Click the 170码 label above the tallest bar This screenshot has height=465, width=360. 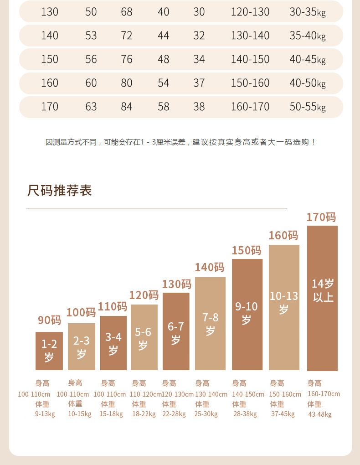[321, 217]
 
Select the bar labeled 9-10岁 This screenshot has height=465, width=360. [247, 315]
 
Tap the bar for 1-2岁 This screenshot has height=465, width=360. [49, 351]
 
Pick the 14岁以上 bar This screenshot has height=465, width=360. [322, 298]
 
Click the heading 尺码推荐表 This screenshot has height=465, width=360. [60, 191]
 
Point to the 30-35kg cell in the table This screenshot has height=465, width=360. [308, 12]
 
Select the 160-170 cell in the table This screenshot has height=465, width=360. [250, 107]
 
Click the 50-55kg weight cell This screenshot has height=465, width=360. [308, 107]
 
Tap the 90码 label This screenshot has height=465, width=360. [49, 320]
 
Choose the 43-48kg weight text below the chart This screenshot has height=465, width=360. [320, 414]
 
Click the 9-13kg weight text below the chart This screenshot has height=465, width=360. [45, 414]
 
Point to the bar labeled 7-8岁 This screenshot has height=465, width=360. [210, 324]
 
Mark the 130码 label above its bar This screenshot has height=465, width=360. [176, 284]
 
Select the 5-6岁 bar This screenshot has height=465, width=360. [144, 337]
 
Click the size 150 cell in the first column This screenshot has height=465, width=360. [50, 59]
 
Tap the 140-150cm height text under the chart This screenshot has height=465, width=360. [248, 394]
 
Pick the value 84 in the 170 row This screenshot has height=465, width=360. [127, 107]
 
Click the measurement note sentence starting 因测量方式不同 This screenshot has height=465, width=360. [180, 142]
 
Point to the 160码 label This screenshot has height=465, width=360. [283, 235]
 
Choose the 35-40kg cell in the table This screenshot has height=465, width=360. [308, 36]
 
